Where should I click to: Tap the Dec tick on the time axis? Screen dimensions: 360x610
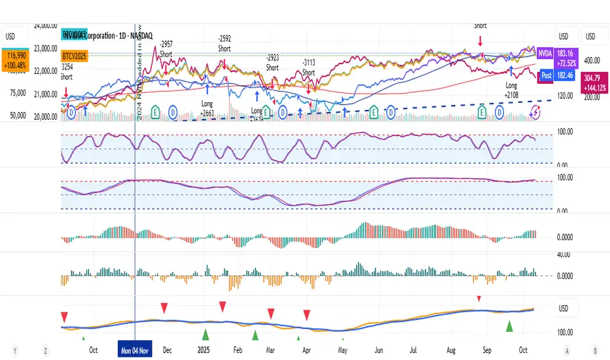pyautogui.click(x=167, y=350)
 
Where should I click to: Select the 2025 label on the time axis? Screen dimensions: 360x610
pyautogui.click(x=204, y=350)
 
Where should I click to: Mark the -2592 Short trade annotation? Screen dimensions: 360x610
pyautogui.click(x=224, y=43)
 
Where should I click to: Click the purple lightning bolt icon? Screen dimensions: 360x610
pyautogui.click(x=535, y=113)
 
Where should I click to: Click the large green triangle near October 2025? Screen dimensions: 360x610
pyautogui.click(x=509, y=325)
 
